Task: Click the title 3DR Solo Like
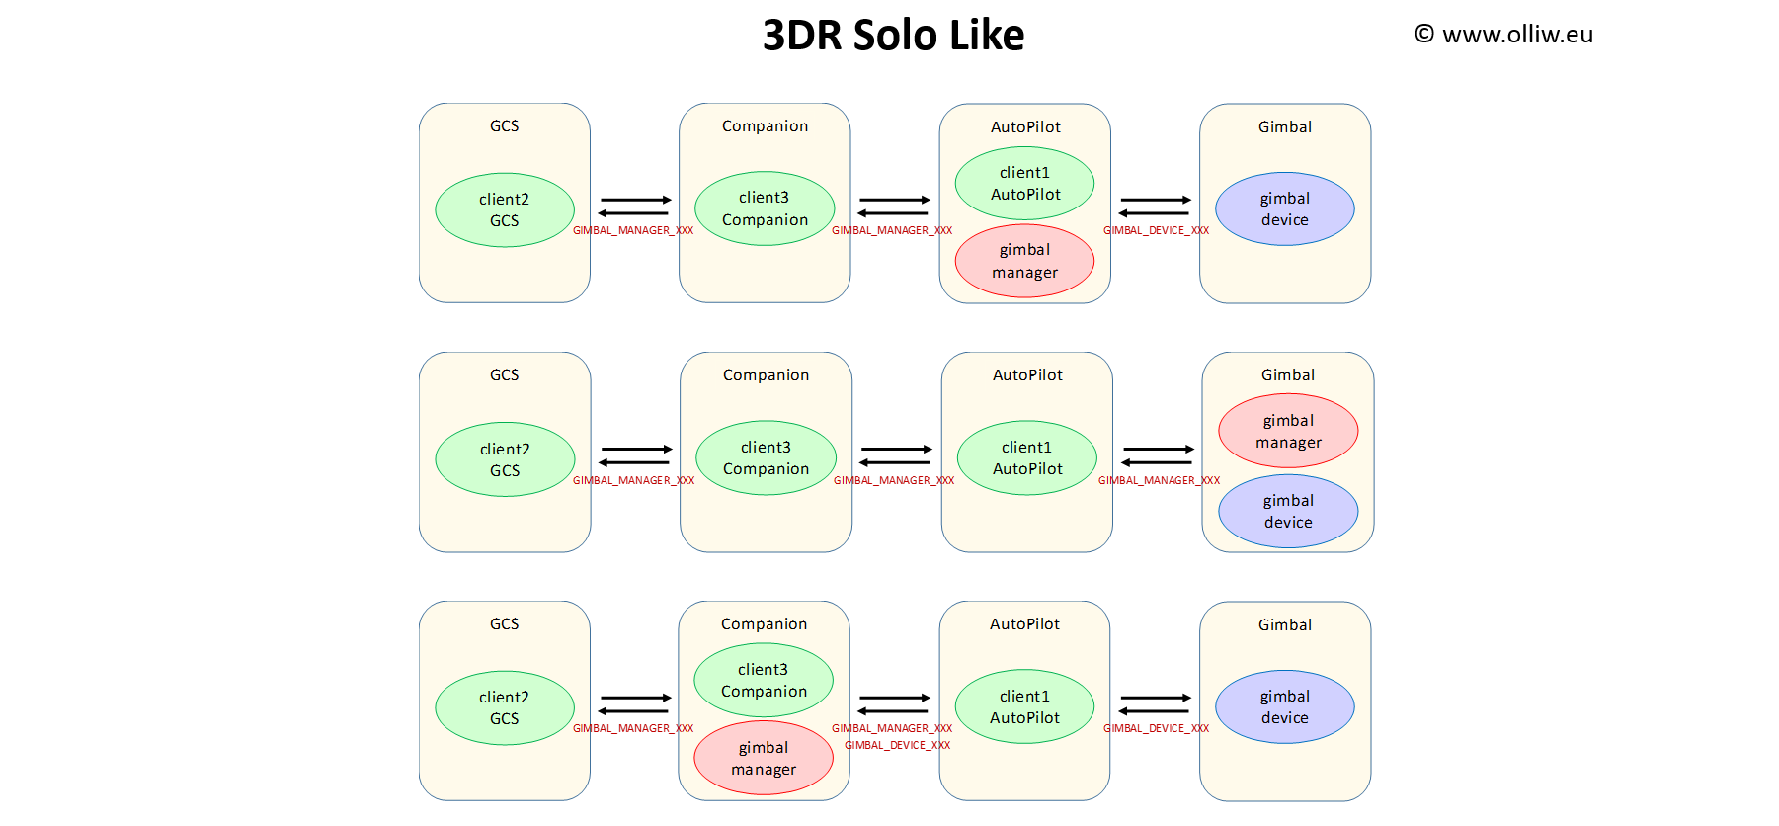[893, 36]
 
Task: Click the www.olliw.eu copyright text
[1503, 35]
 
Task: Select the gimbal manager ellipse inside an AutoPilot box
[1024, 261]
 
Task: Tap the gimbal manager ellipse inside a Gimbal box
[1288, 432]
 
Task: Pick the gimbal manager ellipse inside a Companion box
[764, 758]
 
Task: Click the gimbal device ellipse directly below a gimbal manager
[1288, 511]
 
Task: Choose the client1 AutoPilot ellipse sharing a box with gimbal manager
[1024, 184]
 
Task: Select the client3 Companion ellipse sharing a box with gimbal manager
[764, 680]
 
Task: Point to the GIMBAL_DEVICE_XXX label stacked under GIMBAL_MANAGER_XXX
[897, 745]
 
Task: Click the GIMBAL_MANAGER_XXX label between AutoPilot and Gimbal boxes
[1159, 480]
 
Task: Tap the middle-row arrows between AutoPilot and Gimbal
[1158, 455]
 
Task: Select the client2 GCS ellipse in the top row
[505, 209]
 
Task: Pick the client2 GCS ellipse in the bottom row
[505, 707]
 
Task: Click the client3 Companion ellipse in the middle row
[766, 458]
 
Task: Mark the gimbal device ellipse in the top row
[1284, 209]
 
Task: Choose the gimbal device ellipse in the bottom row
[1284, 707]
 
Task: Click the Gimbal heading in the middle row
[1287, 375]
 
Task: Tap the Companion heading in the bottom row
[764, 624]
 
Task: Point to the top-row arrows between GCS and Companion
[634, 206]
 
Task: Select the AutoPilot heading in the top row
[1025, 127]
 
